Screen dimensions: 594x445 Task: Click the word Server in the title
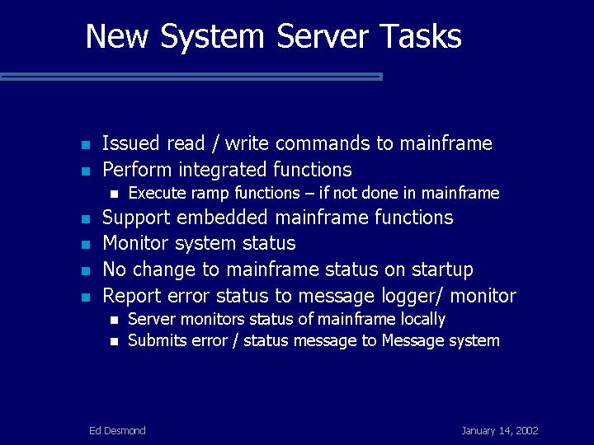coord(323,36)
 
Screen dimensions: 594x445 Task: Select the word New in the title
coord(116,36)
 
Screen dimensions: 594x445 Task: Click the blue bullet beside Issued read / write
coord(86,144)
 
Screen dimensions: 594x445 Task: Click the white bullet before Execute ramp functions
coord(115,194)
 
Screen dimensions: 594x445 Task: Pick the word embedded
coord(222,218)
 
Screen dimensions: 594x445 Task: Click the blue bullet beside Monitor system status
coord(86,245)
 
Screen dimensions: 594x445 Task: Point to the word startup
coord(442,269)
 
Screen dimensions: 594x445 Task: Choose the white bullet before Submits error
coord(115,342)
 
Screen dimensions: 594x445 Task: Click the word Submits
coord(158,340)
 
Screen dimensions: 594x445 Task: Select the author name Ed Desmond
coord(117,431)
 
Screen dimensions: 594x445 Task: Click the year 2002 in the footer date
coord(527,431)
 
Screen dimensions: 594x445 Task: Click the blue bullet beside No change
coord(86,271)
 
